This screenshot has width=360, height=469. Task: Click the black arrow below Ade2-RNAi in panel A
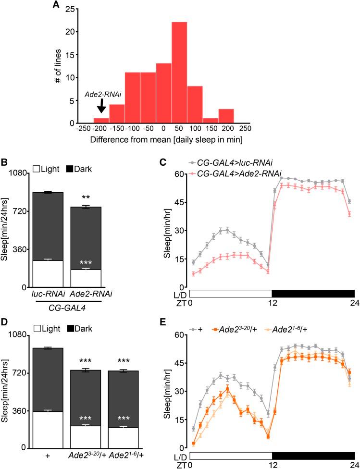tap(101, 104)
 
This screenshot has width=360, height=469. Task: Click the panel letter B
tap(5, 162)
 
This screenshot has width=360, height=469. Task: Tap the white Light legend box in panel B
tap(37, 170)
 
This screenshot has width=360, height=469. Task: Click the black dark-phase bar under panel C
tap(313, 293)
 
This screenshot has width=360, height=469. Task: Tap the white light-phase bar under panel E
tap(231, 454)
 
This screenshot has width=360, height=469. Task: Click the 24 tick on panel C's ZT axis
tap(354, 304)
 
